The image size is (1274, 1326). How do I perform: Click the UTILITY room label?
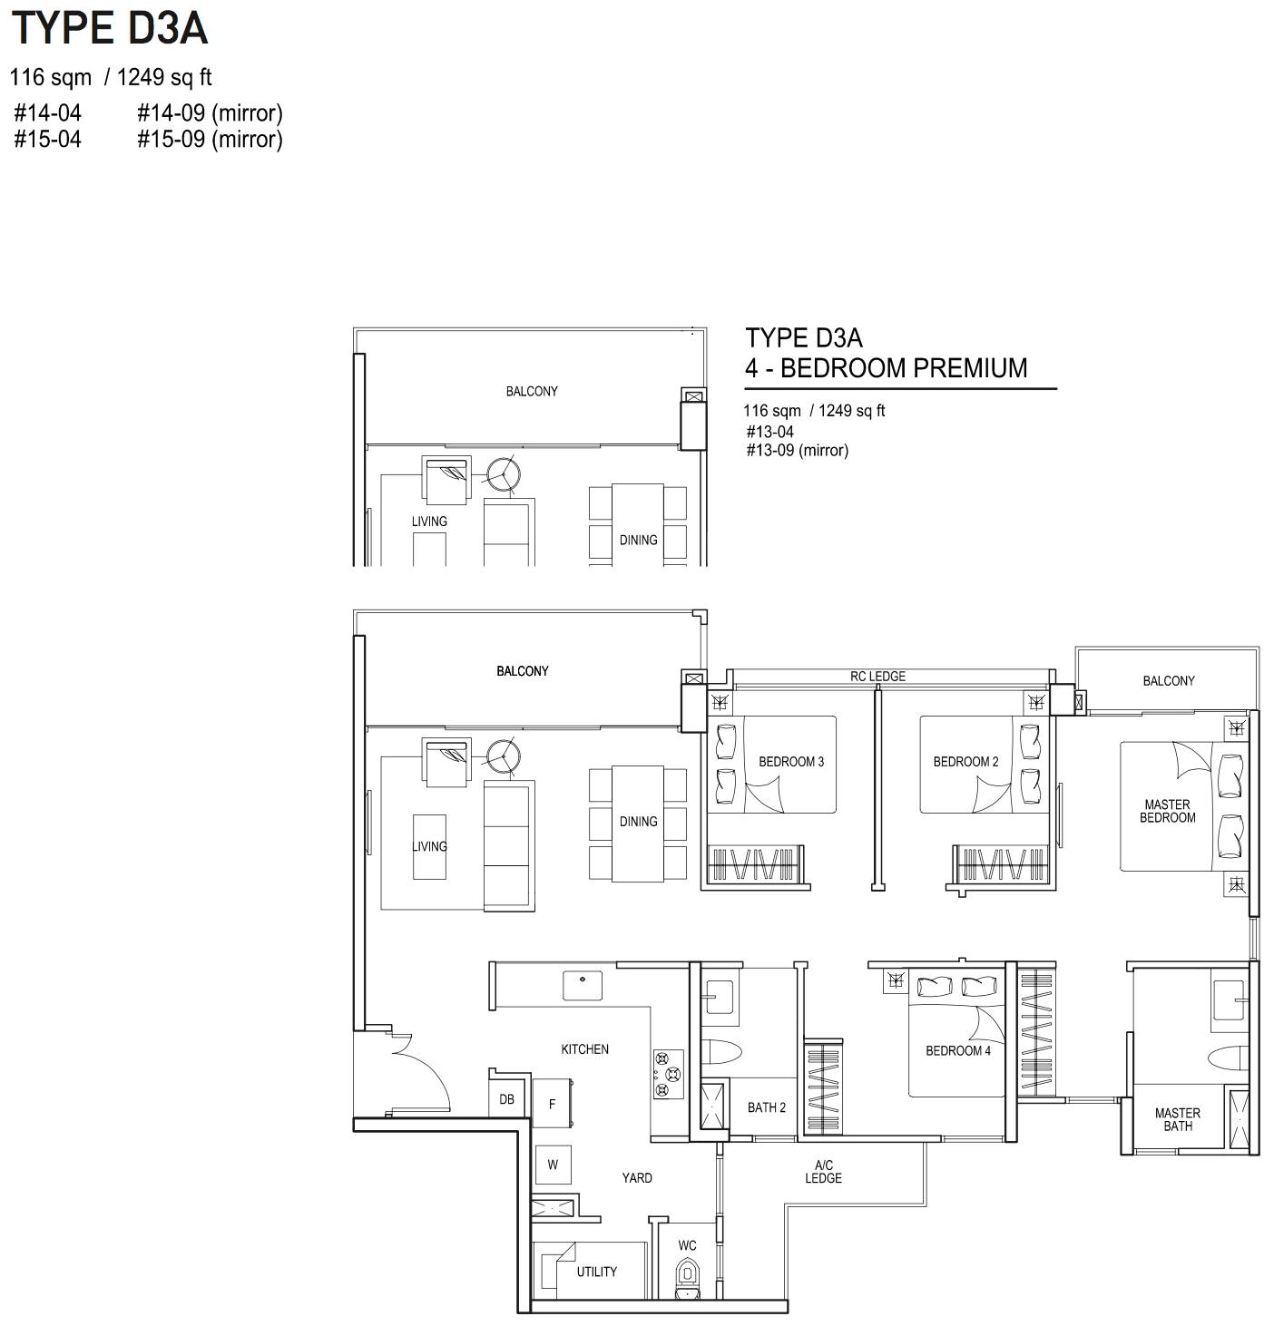(x=596, y=1272)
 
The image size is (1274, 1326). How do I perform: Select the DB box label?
(x=506, y=1099)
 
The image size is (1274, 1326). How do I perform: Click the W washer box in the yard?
(x=553, y=1165)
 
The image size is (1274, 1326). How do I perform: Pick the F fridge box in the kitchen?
(x=552, y=1103)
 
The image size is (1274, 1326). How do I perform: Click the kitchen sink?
(x=583, y=985)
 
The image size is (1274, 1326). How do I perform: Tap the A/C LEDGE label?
(x=823, y=1171)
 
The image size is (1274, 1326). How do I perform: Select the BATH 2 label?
(x=766, y=1108)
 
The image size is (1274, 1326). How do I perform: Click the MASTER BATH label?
(x=1177, y=1119)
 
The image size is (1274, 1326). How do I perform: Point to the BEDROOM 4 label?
(x=957, y=1050)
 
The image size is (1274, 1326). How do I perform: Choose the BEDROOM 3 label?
(x=790, y=762)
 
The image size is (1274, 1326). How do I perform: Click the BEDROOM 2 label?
(x=965, y=762)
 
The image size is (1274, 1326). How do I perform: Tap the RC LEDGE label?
(x=877, y=677)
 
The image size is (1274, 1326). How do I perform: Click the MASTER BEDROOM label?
(x=1167, y=811)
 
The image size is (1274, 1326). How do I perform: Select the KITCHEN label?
(x=585, y=1049)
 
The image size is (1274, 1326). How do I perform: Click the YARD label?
(x=637, y=1178)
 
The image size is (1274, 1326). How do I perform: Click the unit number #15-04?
(x=48, y=139)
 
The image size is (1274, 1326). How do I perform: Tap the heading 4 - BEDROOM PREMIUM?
(x=887, y=368)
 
